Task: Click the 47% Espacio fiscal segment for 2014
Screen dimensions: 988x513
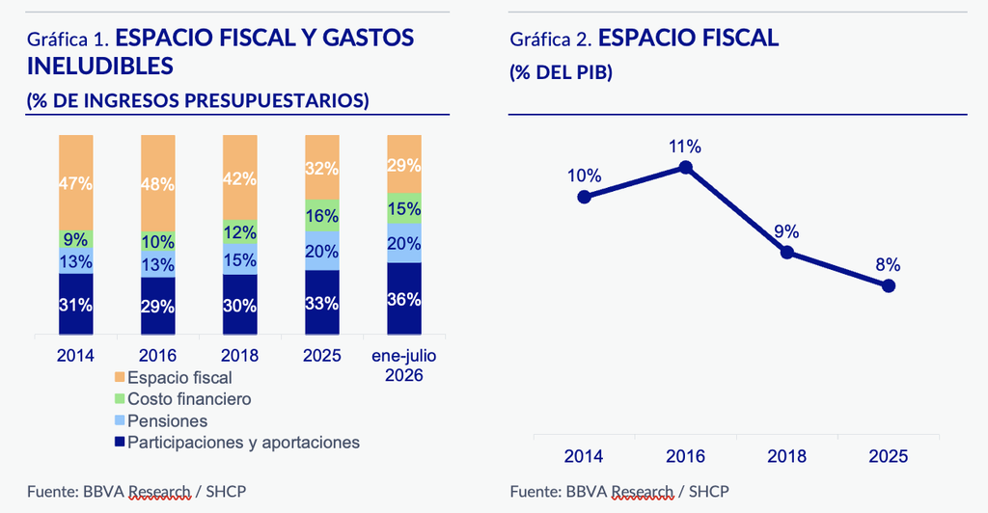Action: [x=75, y=182]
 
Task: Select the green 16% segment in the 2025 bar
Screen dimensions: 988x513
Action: [x=322, y=215]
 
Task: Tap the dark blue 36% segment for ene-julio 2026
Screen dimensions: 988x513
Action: [x=404, y=298]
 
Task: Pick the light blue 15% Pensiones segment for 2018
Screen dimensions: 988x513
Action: [x=240, y=259]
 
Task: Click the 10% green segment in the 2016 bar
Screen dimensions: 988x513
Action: [x=158, y=241]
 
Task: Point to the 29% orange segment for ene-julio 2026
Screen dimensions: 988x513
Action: [x=404, y=164]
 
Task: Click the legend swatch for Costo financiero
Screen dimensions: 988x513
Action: [x=120, y=399]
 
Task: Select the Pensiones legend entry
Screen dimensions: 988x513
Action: [x=161, y=420]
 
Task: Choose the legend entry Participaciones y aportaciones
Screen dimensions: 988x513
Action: [x=237, y=443]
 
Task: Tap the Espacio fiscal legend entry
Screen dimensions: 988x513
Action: [x=174, y=378]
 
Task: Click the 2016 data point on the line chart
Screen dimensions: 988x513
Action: [x=686, y=167]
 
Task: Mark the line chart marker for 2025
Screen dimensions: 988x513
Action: [x=889, y=285]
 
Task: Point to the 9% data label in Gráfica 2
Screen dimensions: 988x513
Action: [x=786, y=231]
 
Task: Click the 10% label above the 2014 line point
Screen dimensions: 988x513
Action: [x=584, y=175]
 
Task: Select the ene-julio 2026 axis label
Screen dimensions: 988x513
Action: [x=404, y=365]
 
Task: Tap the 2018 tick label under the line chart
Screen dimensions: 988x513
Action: [x=787, y=456]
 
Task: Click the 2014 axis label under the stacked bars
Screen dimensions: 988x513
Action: [x=75, y=356]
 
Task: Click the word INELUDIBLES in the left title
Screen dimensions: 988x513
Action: [x=100, y=67]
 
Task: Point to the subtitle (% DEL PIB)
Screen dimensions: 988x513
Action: [x=561, y=72]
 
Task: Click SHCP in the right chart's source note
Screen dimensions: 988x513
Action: [x=708, y=491]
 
